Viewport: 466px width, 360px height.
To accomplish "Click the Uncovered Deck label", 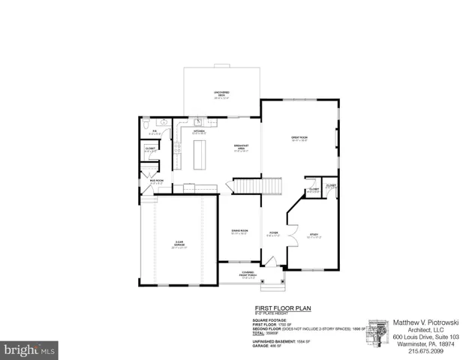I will pyautogui.click(x=222, y=94).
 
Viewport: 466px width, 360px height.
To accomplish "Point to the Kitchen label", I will pyautogui.click(x=200, y=133).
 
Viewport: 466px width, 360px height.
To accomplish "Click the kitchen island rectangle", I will pyautogui.click(x=200, y=154).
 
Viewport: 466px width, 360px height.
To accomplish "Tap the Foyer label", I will pyautogui.click(x=274, y=233).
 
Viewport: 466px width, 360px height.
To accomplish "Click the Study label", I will pyautogui.click(x=314, y=235).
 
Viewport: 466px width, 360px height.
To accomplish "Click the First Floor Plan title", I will pyautogui.click(x=282, y=307).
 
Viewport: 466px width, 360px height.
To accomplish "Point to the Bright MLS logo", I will pyautogui.click(x=29, y=349).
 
